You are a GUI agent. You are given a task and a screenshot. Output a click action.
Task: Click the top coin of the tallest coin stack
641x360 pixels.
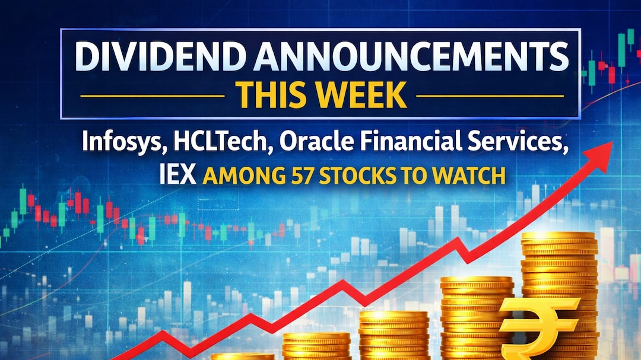click(558, 237)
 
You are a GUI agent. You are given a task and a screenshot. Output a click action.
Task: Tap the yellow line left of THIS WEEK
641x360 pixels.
click(152, 95)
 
